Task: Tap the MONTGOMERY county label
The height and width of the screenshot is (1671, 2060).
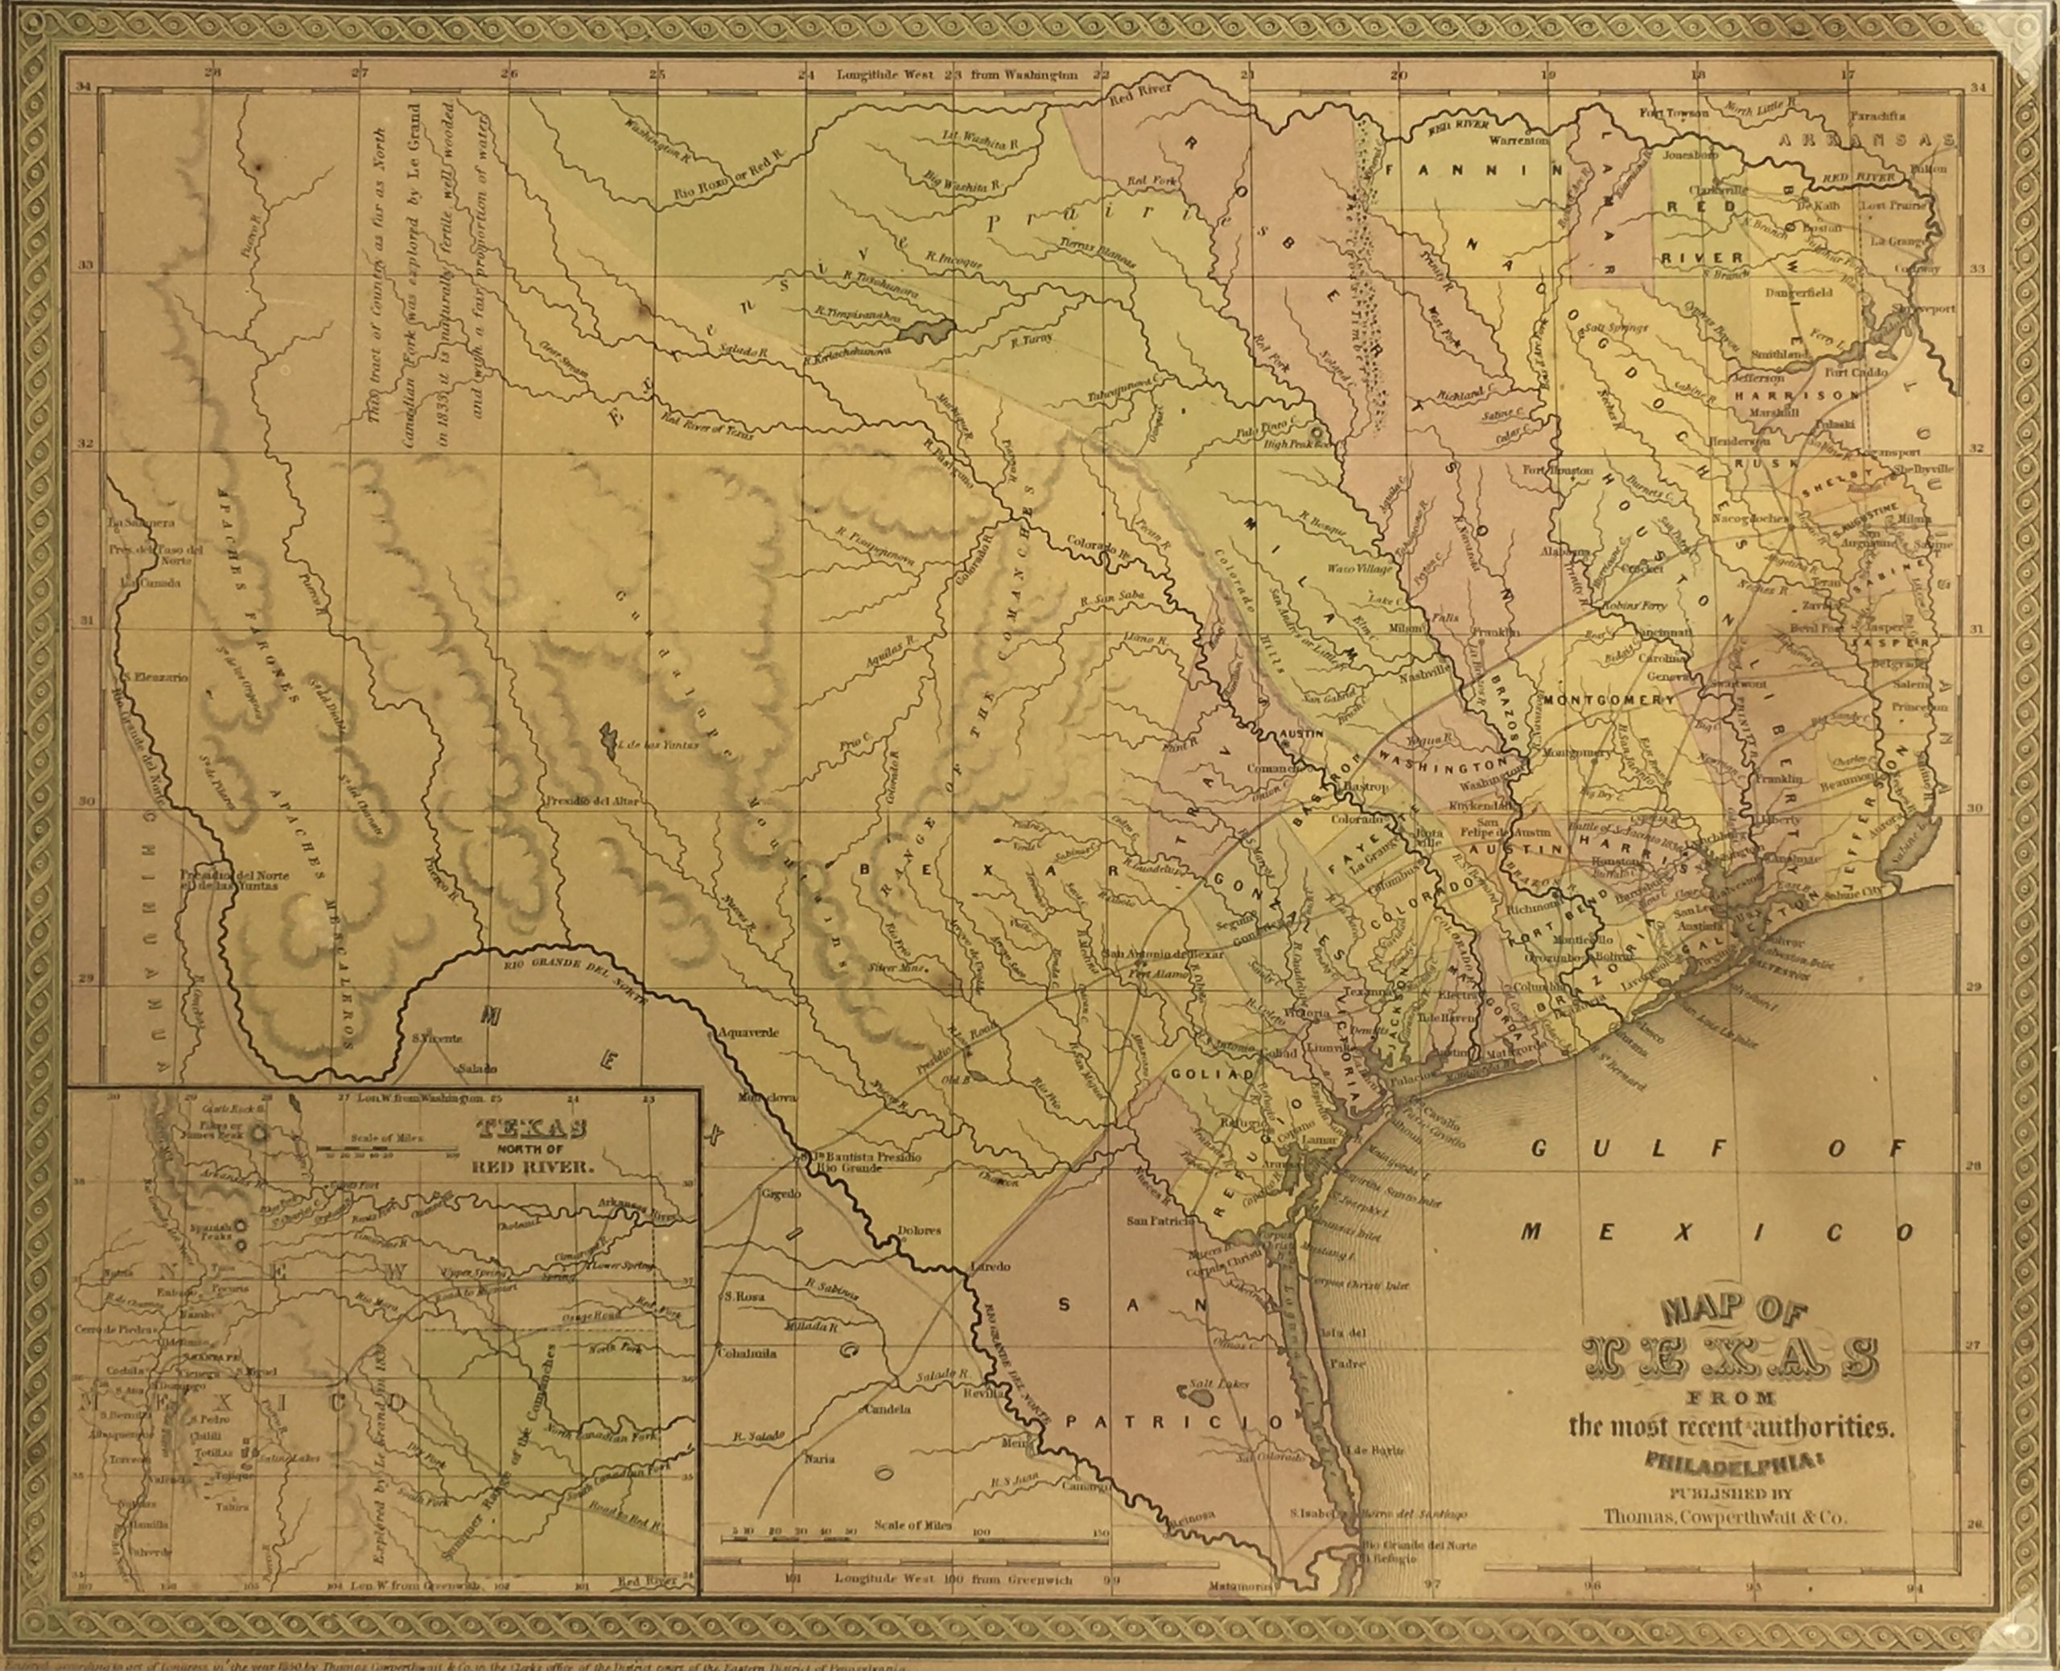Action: [1609, 700]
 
